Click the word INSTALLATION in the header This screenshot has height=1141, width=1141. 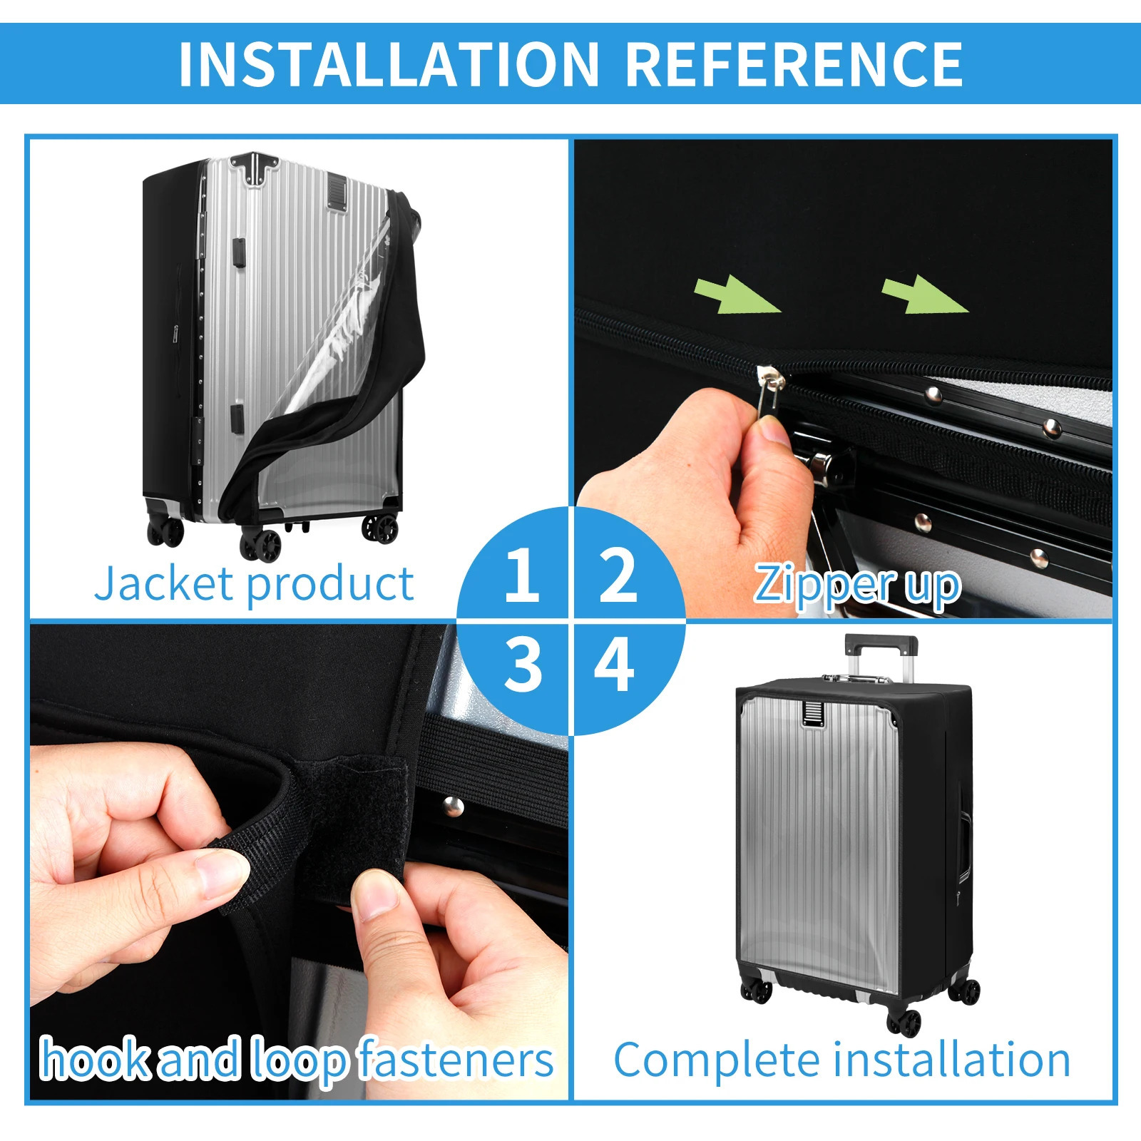click(x=389, y=64)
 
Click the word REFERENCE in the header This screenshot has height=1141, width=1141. click(x=794, y=64)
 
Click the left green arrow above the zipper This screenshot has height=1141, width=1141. click(x=737, y=295)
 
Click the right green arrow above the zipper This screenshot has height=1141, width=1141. click(x=925, y=294)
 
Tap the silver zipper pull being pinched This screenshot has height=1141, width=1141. click(x=769, y=389)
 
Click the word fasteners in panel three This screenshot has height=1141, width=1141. click(x=456, y=1060)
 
